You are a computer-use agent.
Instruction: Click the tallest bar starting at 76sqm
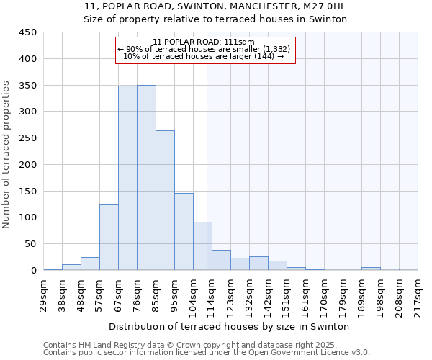pos(146,178)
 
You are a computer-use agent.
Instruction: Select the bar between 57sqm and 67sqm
pos(109,238)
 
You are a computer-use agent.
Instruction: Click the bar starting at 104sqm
pos(202,246)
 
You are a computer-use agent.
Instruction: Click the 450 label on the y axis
pos(28,32)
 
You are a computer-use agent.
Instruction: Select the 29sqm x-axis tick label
pos(44,292)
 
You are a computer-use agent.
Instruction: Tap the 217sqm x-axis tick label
pos(418,292)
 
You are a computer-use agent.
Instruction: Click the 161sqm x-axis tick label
pos(306,292)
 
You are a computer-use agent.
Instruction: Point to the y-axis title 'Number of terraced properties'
pos(6,155)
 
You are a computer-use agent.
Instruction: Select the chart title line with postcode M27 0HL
pos(215,6)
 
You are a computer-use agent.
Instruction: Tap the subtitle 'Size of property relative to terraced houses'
pos(215,19)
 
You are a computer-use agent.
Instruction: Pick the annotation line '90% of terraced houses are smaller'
pos(204,49)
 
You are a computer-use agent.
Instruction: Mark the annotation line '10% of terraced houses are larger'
pos(204,56)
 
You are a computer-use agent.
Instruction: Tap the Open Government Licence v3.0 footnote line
pos(207,352)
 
